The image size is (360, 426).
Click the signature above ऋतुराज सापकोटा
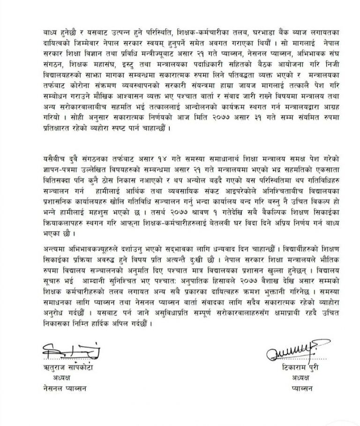[70, 350]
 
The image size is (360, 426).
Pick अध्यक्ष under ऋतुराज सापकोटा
[59, 378]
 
